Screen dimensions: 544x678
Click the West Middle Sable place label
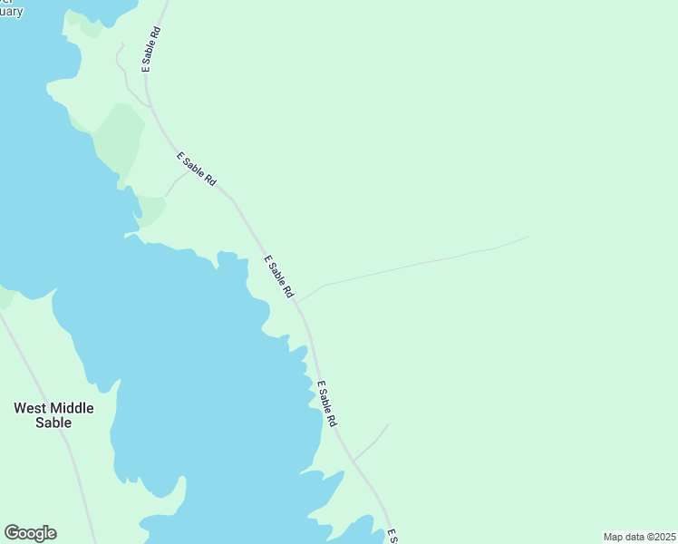(53, 414)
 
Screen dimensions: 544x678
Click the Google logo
(30, 533)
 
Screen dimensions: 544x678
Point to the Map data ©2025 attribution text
(639, 537)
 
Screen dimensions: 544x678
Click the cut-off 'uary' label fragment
(11, 12)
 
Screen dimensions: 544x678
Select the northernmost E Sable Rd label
(151, 49)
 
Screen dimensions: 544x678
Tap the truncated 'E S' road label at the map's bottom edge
(392, 536)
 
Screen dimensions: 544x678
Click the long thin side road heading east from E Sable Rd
(408, 266)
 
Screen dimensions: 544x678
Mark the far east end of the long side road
(528, 238)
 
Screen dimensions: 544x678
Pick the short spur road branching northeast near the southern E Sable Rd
(372, 442)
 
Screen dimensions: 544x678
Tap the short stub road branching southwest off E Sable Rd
(175, 182)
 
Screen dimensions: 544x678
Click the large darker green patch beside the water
(119, 136)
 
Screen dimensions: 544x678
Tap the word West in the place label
(29, 408)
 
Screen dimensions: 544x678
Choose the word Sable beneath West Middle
(53, 423)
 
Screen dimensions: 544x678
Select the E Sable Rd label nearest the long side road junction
(279, 277)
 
